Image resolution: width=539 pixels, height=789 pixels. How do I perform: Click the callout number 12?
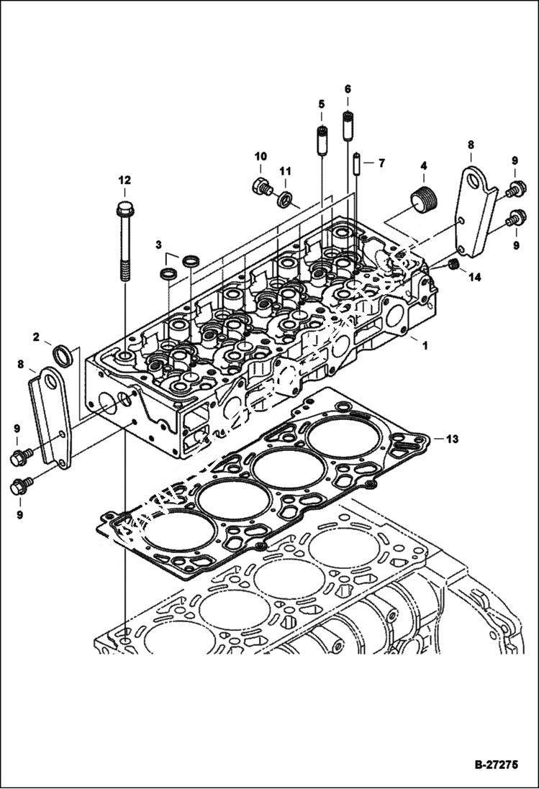click(124, 180)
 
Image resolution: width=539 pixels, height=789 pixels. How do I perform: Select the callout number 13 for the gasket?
click(451, 438)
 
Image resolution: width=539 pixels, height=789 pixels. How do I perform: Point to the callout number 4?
click(423, 165)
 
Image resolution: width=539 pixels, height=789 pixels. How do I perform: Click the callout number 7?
click(381, 163)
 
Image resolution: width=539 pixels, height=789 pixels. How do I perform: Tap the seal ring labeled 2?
click(63, 355)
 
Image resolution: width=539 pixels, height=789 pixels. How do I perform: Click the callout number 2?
click(35, 336)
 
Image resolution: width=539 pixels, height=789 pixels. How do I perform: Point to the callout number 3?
click(158, 245)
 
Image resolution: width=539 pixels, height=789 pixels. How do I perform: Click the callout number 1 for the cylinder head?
click(425, 345)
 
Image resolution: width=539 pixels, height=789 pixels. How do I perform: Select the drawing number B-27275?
click(495, 765)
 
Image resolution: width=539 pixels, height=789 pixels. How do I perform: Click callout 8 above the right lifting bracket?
click(471, 145)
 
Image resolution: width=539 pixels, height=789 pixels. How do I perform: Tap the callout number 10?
click(260, 156)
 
